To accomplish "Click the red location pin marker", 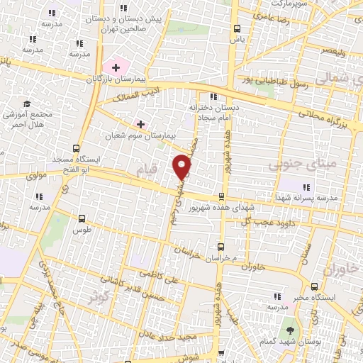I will click(x=182, y=167).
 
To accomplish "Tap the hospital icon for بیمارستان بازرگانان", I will click(x=116, y=67).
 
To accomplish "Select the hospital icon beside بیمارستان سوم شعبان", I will click(x=140, y=125).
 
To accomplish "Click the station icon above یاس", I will click(x=237, y=30).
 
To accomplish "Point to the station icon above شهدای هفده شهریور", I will click(x=223, y=196).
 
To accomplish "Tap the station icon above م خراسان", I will click(x=221, y=247).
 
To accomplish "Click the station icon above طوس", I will click(x=83, y=219).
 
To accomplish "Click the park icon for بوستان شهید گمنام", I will click(x=289, y=330).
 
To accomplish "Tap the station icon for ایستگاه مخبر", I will click(x=310, y=298).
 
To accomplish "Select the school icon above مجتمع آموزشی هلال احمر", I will click(x=27, y=104).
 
